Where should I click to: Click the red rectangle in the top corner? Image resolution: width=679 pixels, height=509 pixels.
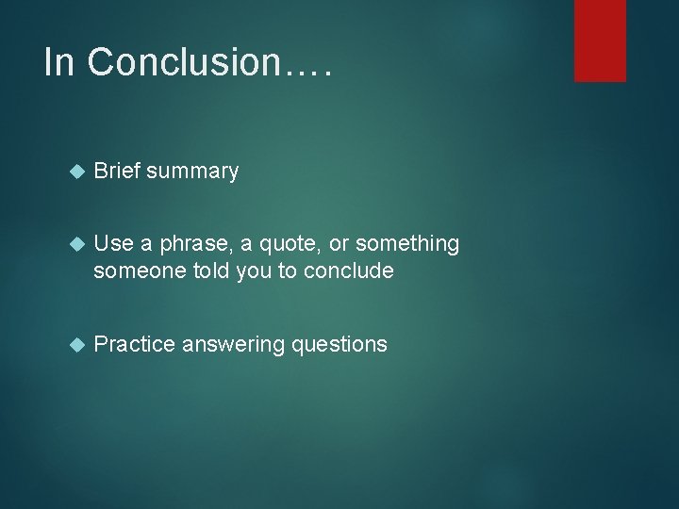pyautogui.click(x=600, y=40)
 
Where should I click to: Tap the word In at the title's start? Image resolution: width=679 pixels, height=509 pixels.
pyautogui.click(x=58, y=62)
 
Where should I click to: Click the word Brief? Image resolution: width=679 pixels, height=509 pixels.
pyautogui.click(x=117, y=172)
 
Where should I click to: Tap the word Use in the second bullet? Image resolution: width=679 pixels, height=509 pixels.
pyautogui.click(x=114, y=244)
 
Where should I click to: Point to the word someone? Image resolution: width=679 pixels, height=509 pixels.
pyautogui.click(x=137, y=271)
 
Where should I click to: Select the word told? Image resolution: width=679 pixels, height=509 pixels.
pyautogui.click(x=207, y=271)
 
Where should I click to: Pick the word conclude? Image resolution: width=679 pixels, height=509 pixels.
pyautogui.click(x=348, y=271)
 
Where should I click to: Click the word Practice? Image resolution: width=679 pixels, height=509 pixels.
pyautogui.click(x=135, y=344)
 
